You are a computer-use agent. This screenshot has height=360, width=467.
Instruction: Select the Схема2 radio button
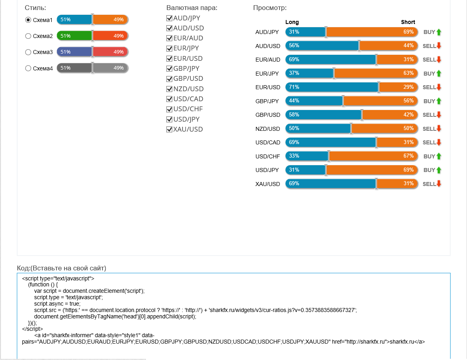(28, 36)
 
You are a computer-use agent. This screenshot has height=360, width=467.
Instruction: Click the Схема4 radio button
(28, 68)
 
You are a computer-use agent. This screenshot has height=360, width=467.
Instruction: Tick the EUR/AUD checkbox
(170, 38)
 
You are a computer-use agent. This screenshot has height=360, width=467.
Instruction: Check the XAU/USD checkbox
(170, 129)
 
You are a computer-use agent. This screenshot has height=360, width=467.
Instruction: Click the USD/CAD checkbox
(170, 99)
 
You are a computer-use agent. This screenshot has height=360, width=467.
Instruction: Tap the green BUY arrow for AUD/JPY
(439, 32)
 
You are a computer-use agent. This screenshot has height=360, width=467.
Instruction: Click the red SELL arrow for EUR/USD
(439, 87)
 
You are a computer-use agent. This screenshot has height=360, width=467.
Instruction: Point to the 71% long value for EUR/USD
(294, 87)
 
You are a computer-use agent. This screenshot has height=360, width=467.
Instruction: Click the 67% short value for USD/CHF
(409, 156)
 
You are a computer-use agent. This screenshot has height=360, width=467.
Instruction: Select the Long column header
(292, 22)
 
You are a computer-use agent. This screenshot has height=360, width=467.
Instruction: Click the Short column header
(408, 22)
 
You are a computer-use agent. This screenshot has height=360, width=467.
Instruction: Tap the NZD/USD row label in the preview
(268, 129)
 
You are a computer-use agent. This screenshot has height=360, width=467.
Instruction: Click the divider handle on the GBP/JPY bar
(343, 101)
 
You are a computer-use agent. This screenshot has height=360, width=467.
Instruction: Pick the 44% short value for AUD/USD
(409, 45)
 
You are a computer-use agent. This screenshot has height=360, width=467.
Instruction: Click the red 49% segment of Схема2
(110, 36)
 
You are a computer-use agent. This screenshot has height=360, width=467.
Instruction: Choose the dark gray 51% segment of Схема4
(74, 68)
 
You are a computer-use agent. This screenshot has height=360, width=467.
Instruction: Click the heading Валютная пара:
(192, 8)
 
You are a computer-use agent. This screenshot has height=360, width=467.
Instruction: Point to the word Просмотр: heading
(270, 8)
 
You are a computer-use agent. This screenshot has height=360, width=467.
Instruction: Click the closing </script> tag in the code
(32, 329)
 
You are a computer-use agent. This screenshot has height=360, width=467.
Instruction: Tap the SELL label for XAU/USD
(429, 184)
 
